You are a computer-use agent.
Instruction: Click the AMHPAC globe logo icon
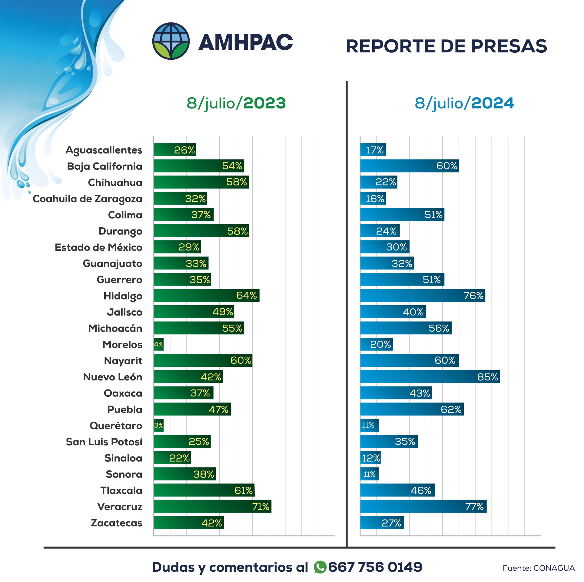[171, 41]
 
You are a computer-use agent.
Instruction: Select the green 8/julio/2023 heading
[236, 103]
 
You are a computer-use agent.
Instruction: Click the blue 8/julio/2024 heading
[464, 103]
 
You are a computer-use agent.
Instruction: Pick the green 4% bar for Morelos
[159, 344]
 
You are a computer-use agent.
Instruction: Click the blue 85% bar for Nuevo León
[430, 376]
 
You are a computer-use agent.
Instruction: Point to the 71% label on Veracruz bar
[260, 507]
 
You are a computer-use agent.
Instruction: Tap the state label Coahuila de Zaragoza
[87, 199]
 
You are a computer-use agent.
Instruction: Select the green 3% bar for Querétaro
[159, 425]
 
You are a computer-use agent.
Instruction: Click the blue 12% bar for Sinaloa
[370, 458]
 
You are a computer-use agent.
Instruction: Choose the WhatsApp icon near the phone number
[320, 567]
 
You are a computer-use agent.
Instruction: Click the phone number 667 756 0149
[375, 567]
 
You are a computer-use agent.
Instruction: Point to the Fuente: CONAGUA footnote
[538, 568]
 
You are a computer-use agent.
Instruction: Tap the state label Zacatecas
[116, 523]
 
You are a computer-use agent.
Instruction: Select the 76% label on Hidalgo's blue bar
[473, 296]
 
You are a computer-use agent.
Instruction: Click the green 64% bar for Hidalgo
[206, 296]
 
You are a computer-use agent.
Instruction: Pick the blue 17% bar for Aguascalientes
[373, 150]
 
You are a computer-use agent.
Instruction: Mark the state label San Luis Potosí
[104, 442]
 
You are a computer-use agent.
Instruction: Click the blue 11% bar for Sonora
[369, 474]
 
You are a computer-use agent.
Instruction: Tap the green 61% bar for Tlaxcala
[204, 490]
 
